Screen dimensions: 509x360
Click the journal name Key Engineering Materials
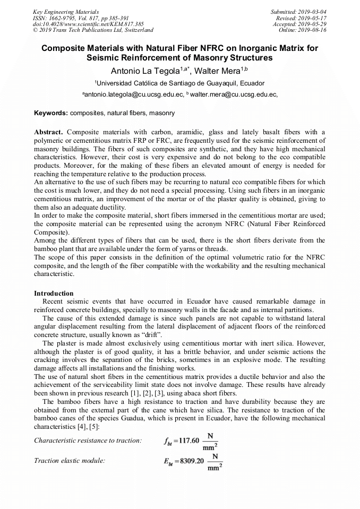coord(66,12)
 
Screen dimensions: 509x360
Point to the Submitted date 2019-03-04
coord(298,12)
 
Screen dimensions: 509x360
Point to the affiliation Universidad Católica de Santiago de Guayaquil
coord(181,83)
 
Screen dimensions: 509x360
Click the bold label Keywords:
coord(51,113)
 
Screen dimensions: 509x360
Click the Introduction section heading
coord(54,294)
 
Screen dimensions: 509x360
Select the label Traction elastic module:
coord(70,461)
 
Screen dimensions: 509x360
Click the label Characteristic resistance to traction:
coord(88,441)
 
